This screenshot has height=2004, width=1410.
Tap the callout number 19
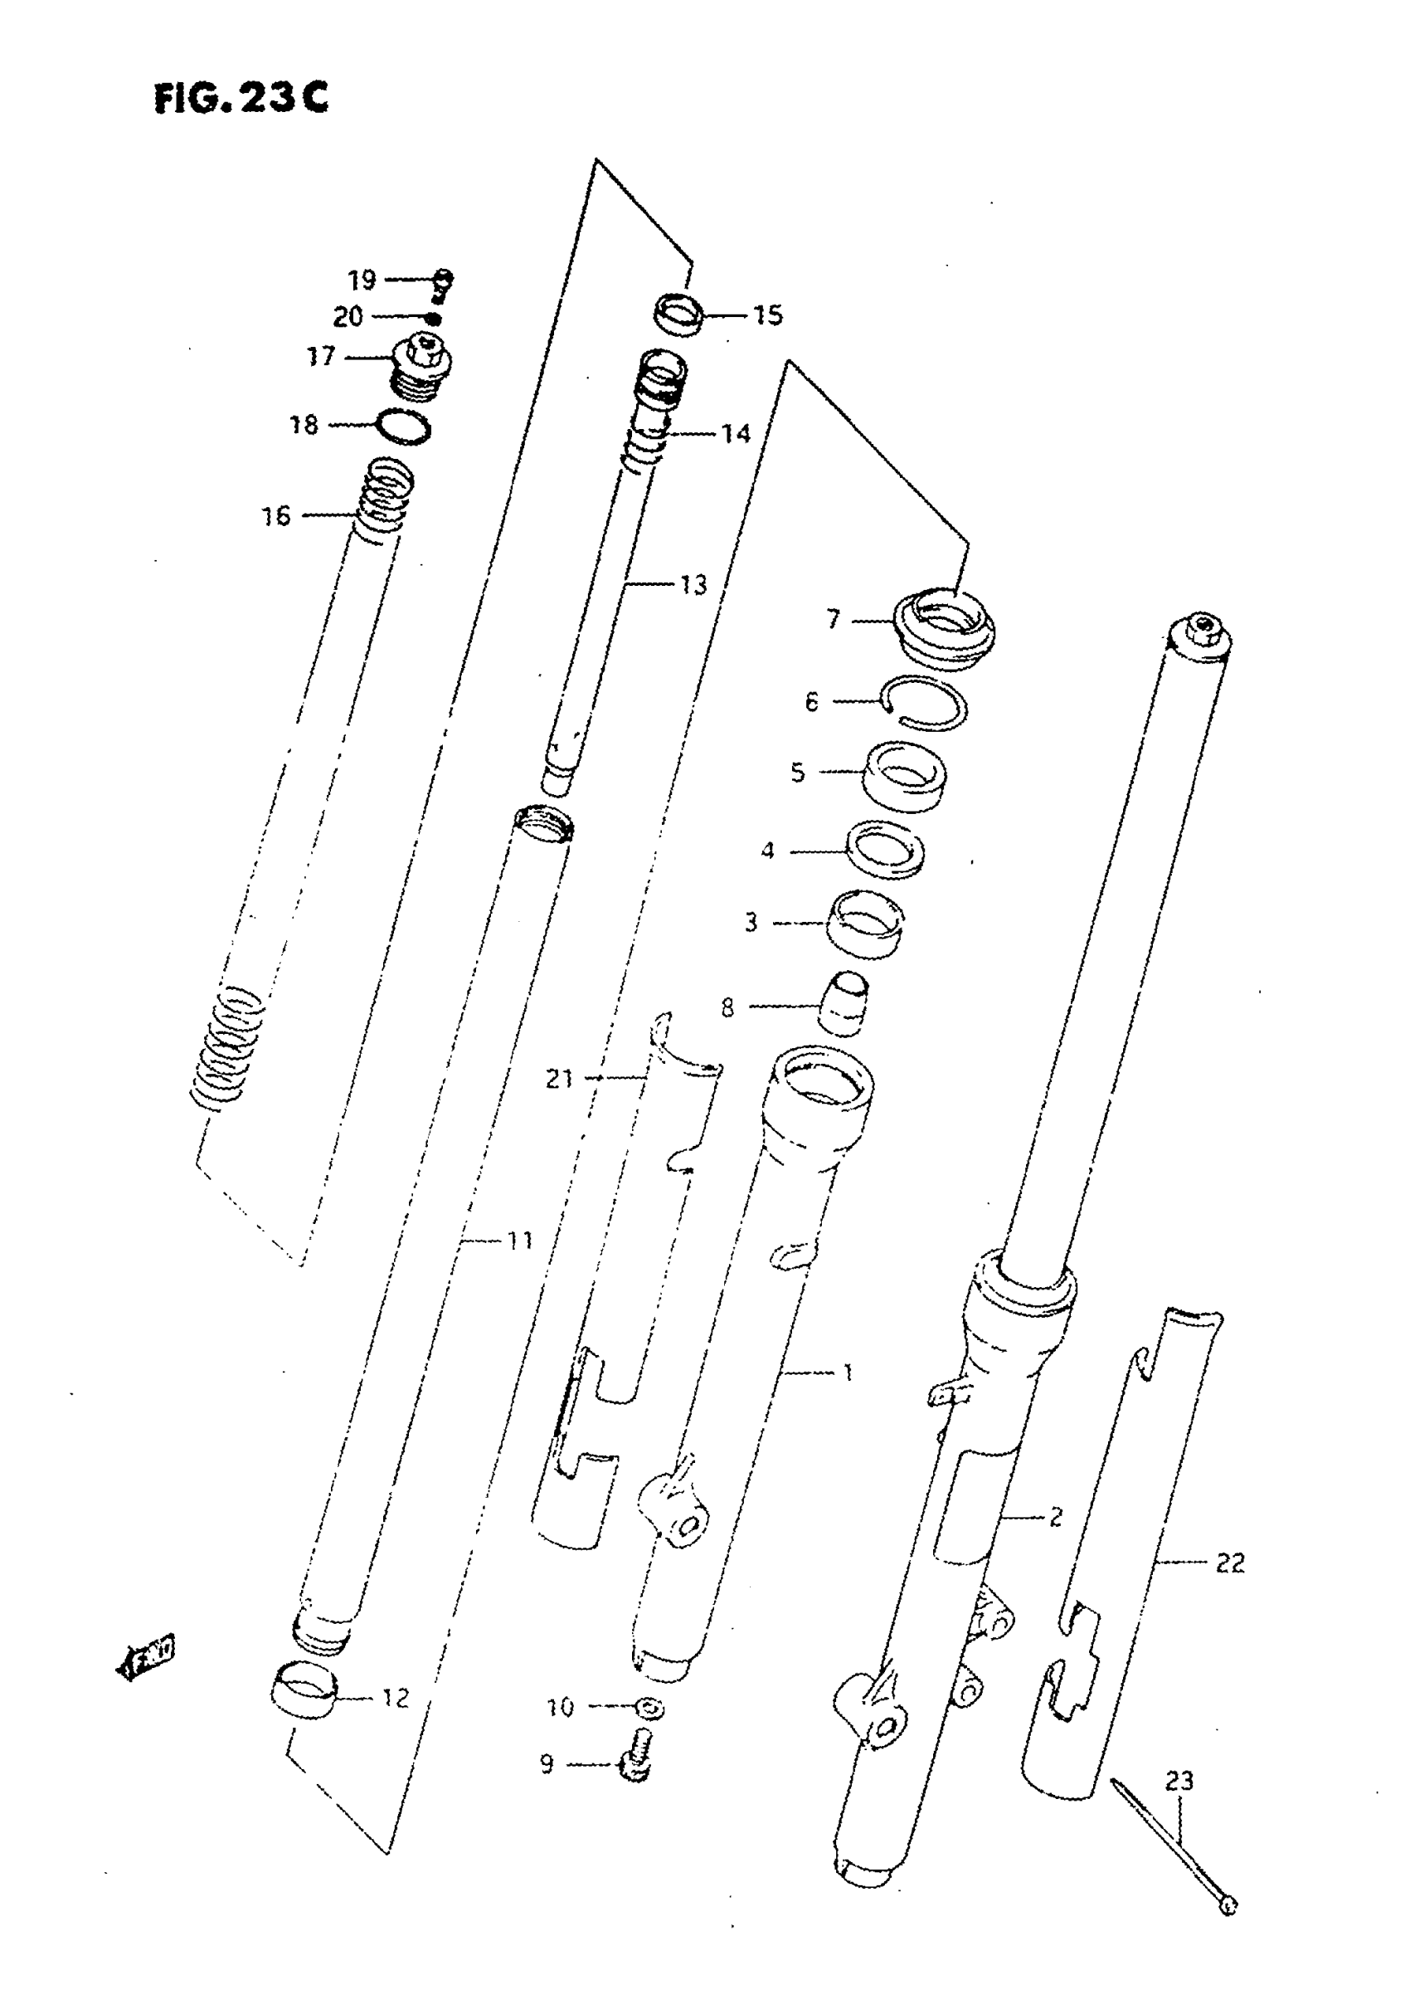click(362, 280)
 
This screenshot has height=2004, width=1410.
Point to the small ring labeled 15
click(678, 315)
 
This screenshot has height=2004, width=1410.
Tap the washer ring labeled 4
click(887, 848)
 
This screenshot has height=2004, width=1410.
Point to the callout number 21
click(559, 1079)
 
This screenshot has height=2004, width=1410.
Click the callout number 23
click(1179, 1781)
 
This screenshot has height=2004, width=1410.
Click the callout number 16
click(275, 516)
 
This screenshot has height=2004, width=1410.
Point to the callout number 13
click(693, 585)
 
